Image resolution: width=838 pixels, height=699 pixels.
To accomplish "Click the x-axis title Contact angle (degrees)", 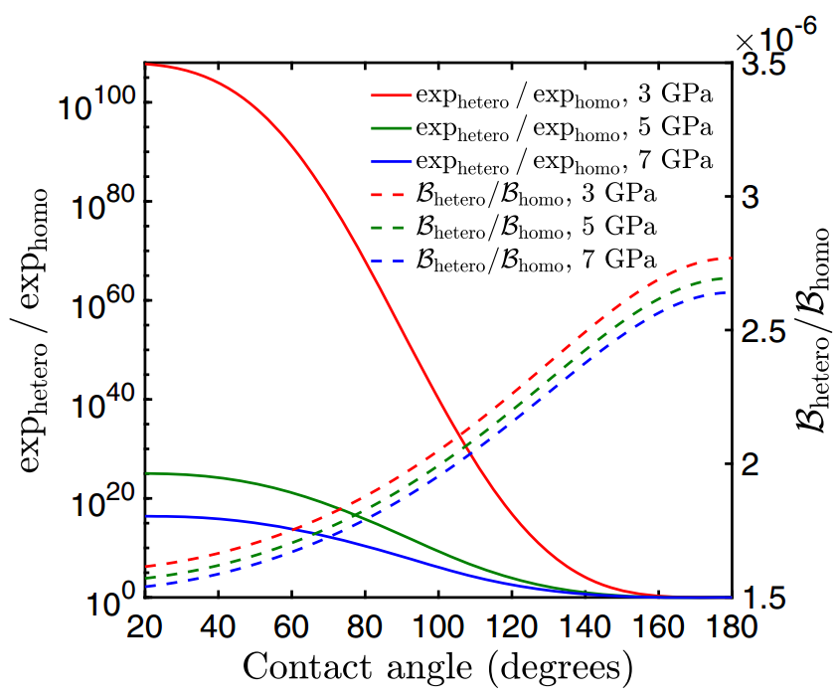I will click(x=437, y=666).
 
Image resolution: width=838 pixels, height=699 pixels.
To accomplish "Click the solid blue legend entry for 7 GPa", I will click(x=542, y=159).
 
